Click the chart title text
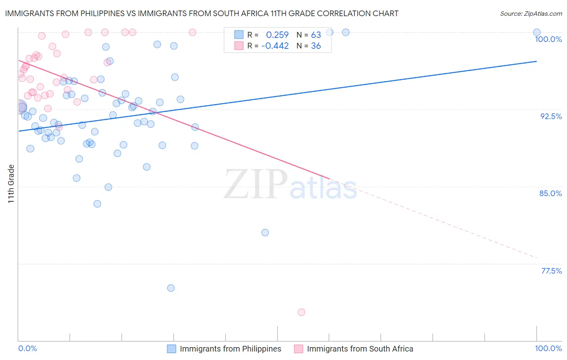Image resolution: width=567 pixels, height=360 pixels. (202, 13)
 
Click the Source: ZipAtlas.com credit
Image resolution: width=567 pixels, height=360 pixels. (531, 13)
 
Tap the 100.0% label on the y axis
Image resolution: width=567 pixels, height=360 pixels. (548, 39)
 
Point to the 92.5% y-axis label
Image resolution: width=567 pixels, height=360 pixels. (551, 116)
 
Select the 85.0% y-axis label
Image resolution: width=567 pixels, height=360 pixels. (550, 193)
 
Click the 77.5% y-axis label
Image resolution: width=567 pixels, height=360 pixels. (551, 271)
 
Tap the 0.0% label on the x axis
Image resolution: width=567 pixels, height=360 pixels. (27, 348)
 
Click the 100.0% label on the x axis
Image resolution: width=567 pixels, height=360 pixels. (548, 348)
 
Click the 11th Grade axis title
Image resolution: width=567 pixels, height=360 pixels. (11, 184)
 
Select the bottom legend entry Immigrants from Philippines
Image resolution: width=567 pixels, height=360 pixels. (230, 349)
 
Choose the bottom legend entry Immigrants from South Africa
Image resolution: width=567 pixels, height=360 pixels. (360, 349)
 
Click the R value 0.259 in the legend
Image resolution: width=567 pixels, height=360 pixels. (277, 35)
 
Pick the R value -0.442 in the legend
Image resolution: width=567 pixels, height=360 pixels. (275, 46)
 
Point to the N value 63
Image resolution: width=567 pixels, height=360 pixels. (316, 35)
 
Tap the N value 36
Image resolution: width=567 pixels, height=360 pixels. (316, 46)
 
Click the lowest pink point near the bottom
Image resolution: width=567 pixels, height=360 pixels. (301, 312)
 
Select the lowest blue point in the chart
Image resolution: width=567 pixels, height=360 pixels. (171, 288)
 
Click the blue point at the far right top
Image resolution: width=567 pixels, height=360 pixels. (537, 32)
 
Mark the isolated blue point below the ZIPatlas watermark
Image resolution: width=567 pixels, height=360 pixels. (265, 232)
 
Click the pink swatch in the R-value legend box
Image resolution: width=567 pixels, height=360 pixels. (239, 46)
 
